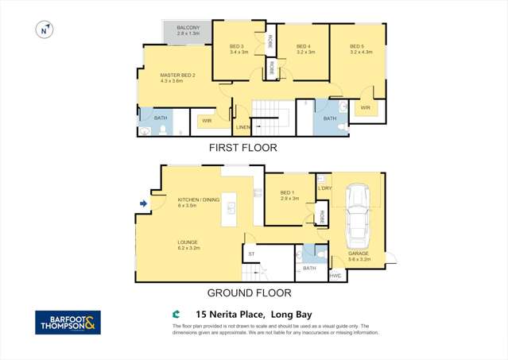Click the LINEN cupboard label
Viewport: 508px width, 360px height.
[242, 127]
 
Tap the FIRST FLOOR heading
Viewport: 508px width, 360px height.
[242, 148]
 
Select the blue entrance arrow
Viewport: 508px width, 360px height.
[143, 204]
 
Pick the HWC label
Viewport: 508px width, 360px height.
[335, 276]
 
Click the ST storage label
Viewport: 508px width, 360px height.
[251, 255]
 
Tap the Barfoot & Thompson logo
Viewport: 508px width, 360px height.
[68, 322]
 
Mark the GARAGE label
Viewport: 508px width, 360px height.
[359, 256]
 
